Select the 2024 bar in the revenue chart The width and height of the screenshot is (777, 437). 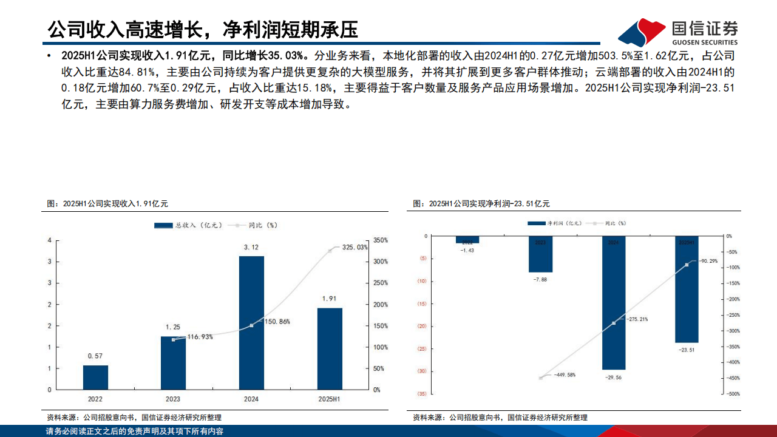tap(251, 322)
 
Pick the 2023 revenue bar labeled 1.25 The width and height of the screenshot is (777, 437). tap(173, 362)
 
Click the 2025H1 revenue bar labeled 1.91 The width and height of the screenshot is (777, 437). tap(330, 348)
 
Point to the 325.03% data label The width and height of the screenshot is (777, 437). tap(355, 248)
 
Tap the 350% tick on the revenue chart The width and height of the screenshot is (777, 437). tap(380, 240)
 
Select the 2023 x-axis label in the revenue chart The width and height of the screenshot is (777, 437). tap(173, 399)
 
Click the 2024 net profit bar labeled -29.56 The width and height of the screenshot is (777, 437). tap(613, 303)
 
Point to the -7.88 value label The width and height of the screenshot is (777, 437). tap(540, 279)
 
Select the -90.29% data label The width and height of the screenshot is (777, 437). tap(709, 261)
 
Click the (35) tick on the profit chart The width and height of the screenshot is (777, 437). tap(421, 394)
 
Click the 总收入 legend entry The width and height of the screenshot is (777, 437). tap(182, 225)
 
